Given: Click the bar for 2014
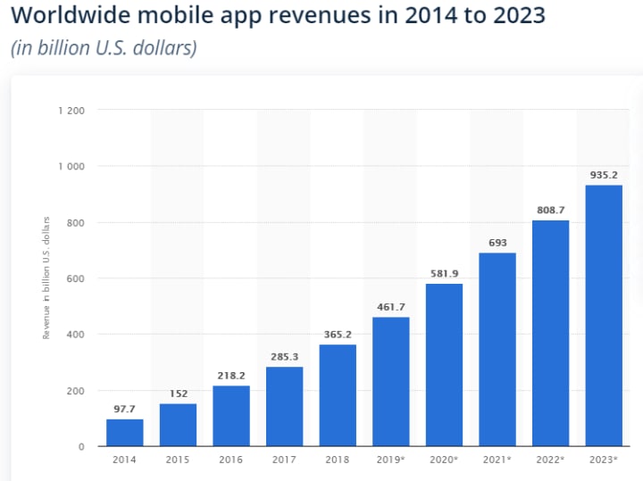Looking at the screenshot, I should pyautogui.click(x=124, y=433).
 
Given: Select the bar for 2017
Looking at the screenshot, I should pyautogui.click(x=284, y=406).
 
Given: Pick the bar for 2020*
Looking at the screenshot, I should pyautogui.click(x=444, y=365).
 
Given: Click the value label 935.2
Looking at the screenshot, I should pyautogui.click(x=604, y=175).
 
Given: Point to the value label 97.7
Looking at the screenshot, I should pyautogui.click(x=124, y=410).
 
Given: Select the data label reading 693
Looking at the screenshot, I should pyautogui.click(x=497, y=243).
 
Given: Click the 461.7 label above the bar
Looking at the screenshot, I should pyautogui.click(x=390, y=307).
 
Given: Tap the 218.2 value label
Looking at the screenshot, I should pyautogui.click(x=230, y=376).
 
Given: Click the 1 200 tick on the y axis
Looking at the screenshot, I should pyautogui.click(x=71, y=111).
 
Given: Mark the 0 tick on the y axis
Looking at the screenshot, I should pyautogui.click(x=81, y=446).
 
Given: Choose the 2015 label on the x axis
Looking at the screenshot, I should pyautogui.click(x=178, y=460).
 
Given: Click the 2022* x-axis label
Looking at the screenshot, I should pyautogui.click(x=551, y=460).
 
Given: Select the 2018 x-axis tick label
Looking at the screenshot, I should pyautogui.click(x=338, y=460).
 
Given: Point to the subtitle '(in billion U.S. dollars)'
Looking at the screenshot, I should pyautogui.click(x=104, y=48).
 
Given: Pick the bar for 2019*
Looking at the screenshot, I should pyautogui.click(x=390, y=382).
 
